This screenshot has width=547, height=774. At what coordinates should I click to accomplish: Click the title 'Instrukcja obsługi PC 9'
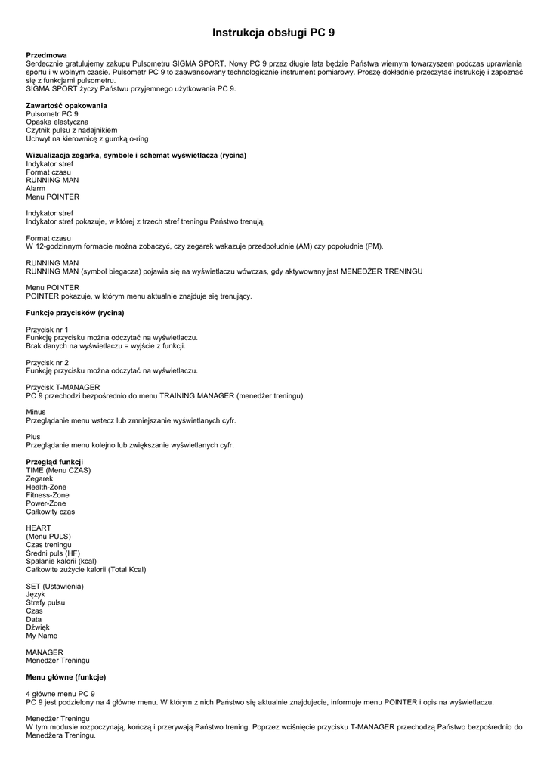tap(273, 33)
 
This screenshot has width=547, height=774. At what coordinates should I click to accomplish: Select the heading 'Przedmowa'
tap(46, 55)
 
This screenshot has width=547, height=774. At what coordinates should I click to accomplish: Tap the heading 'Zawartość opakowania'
tap(66, 105)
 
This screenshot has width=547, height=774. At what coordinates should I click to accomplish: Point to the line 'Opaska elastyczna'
tap(57, 122)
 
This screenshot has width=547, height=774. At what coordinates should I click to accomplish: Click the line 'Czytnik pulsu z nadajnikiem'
tap(71, 130)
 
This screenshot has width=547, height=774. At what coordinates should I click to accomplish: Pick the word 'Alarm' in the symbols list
tap(36, 188)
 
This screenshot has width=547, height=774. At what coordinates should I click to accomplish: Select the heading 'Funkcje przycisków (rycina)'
tap(75, 313)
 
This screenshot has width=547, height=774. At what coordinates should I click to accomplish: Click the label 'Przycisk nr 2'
tap(47, 363)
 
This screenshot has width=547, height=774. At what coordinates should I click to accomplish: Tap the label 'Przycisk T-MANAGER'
tap(63, 388)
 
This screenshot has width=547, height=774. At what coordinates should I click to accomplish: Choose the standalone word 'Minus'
tap(36, 412)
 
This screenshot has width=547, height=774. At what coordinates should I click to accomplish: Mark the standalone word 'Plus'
tap(33, 437)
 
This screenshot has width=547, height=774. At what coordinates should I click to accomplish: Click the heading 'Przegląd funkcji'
tap(54, 462)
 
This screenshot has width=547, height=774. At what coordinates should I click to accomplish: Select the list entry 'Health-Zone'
tap(46, 487)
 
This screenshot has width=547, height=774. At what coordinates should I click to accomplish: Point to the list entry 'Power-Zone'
tap(45, 503)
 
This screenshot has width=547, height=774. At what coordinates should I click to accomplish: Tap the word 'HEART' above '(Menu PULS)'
tap(39, 528)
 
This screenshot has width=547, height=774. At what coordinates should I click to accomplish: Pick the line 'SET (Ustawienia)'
tap(54, 587)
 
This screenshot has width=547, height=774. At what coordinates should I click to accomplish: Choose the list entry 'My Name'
tap(42, 636)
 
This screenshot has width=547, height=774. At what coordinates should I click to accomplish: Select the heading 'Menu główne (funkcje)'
tap(66, 677)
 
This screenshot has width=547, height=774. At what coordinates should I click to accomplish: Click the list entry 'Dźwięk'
tap(38, 627)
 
